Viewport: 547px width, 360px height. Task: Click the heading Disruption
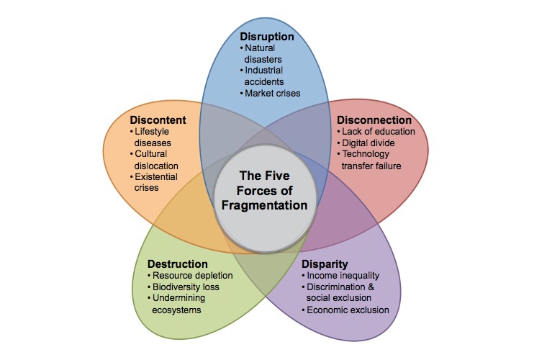click(x=267, y=37)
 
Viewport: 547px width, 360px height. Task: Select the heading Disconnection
click(x=374, y=120)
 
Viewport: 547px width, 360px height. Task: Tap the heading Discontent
click(x=158, y=120)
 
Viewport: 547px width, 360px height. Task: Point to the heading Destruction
click(x=178, y=264)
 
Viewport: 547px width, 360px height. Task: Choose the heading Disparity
click(x=325, y=264)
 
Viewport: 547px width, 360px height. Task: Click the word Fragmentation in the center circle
click(x=264, y=205)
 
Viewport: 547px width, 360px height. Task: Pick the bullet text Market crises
click(x=273, y=94)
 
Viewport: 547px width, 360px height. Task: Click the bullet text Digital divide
click(x=369, y=143)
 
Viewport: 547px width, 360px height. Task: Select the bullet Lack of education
click(x=379, y=132)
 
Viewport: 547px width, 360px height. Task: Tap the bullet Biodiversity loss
click(x=186, y=287)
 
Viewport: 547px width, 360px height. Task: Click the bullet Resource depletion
click(x=193, y=276)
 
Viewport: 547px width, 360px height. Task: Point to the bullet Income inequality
click(x=343, y=276)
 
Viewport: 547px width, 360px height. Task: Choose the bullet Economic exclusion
click(x=348, y=310)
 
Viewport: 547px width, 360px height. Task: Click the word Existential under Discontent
click(x=156, y=177)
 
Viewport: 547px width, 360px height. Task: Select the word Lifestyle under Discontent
click(x=152, y=132)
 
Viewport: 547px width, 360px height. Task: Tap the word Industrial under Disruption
click(x=263, y=71)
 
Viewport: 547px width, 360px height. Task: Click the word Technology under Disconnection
click(x=366, y=154)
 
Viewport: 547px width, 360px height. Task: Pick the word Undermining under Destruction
click(x=178, y=298)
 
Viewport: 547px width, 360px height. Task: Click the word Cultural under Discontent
click(x=150, y=154)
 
